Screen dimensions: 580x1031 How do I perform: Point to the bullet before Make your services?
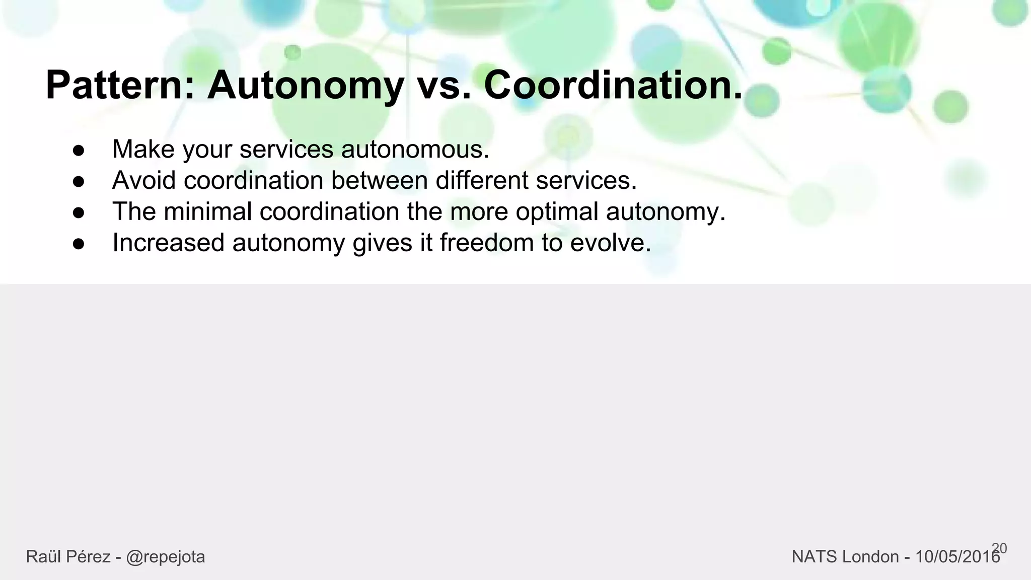[79, 151]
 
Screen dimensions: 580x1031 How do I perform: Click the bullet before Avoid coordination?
[79, 181]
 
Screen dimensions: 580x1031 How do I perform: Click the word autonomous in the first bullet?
[415, 150]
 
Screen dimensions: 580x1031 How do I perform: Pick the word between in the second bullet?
[379, 180]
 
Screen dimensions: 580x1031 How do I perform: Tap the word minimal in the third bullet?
[207, 211]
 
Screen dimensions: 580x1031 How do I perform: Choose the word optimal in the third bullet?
[557, 211]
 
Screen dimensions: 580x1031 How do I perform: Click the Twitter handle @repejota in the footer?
[165, 557]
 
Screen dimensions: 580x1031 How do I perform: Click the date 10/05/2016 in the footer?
[956, 557]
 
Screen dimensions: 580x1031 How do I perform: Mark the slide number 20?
[999, 548]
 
